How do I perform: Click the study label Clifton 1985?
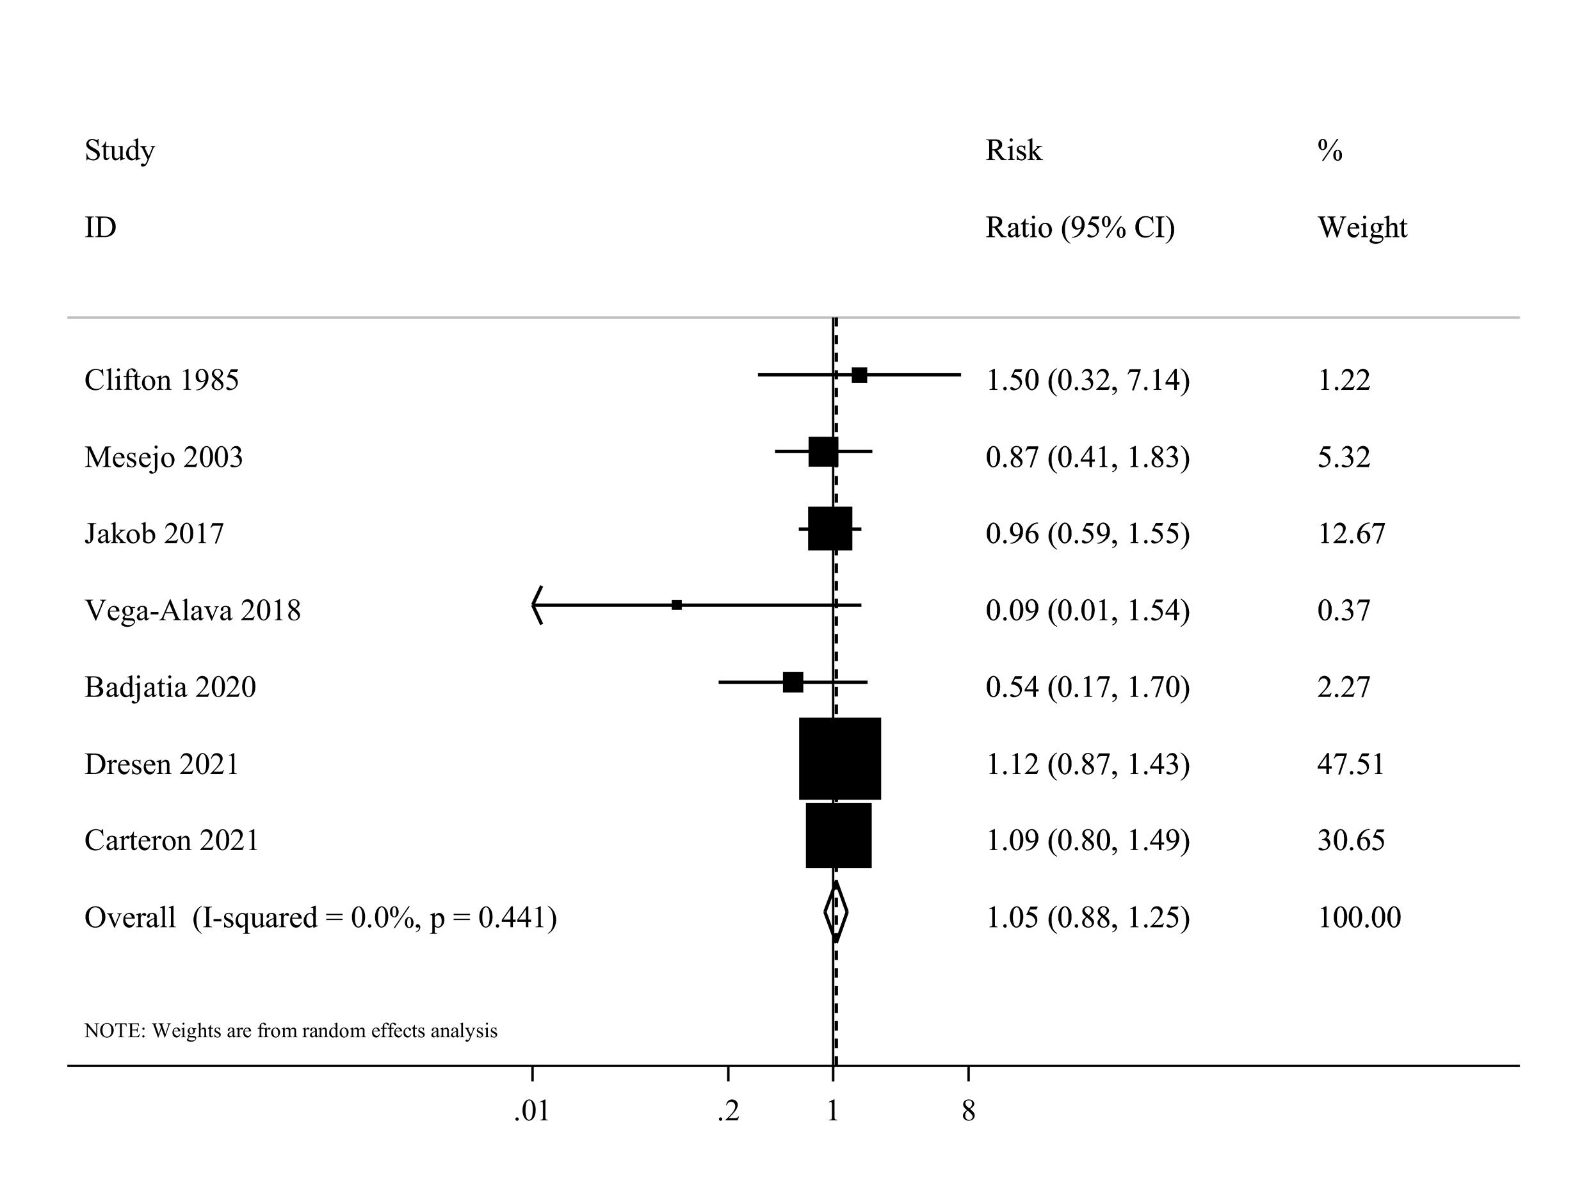161,380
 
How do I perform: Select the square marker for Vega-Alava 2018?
676,605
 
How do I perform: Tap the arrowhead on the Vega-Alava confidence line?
537,605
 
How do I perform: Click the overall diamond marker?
835,913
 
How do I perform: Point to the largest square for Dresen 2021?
839,759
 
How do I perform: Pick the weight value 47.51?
1350,764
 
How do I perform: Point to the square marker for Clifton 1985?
859,375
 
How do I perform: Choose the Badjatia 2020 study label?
170,688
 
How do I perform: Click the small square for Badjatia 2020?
793,682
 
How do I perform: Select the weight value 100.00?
1359,918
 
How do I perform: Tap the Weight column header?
1362,228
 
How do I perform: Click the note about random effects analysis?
291,1031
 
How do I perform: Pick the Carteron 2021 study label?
172,841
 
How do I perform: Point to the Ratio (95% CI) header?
1079,228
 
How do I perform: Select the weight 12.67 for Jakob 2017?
1351,534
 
